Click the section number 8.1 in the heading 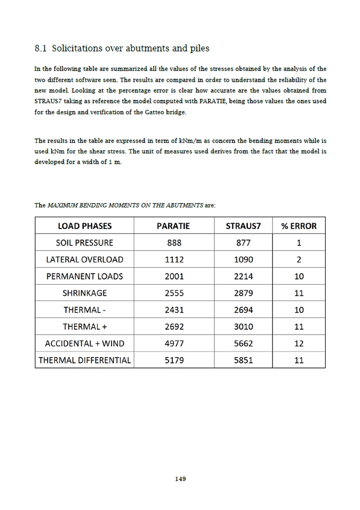coord(41,49)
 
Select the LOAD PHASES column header coord(84,226)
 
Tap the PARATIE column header coord(174,226)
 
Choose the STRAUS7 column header coord(243,226)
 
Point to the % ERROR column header coord(299,226)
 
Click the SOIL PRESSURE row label coord(84,243)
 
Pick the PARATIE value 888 coord(174,243)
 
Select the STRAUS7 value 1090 coord(243,260)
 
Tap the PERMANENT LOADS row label coord(84,276)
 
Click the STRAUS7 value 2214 coord(243,276)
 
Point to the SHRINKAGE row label coord(84,293)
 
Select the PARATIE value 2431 coord(174,310)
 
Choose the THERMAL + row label coord(84,327)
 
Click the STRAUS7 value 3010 coord(243,327)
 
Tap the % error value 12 coord(299,344)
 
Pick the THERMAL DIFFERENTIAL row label coord(84,360)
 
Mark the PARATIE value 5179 coord(174,360)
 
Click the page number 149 coord(180,479)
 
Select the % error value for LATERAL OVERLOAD coord(299,260)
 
